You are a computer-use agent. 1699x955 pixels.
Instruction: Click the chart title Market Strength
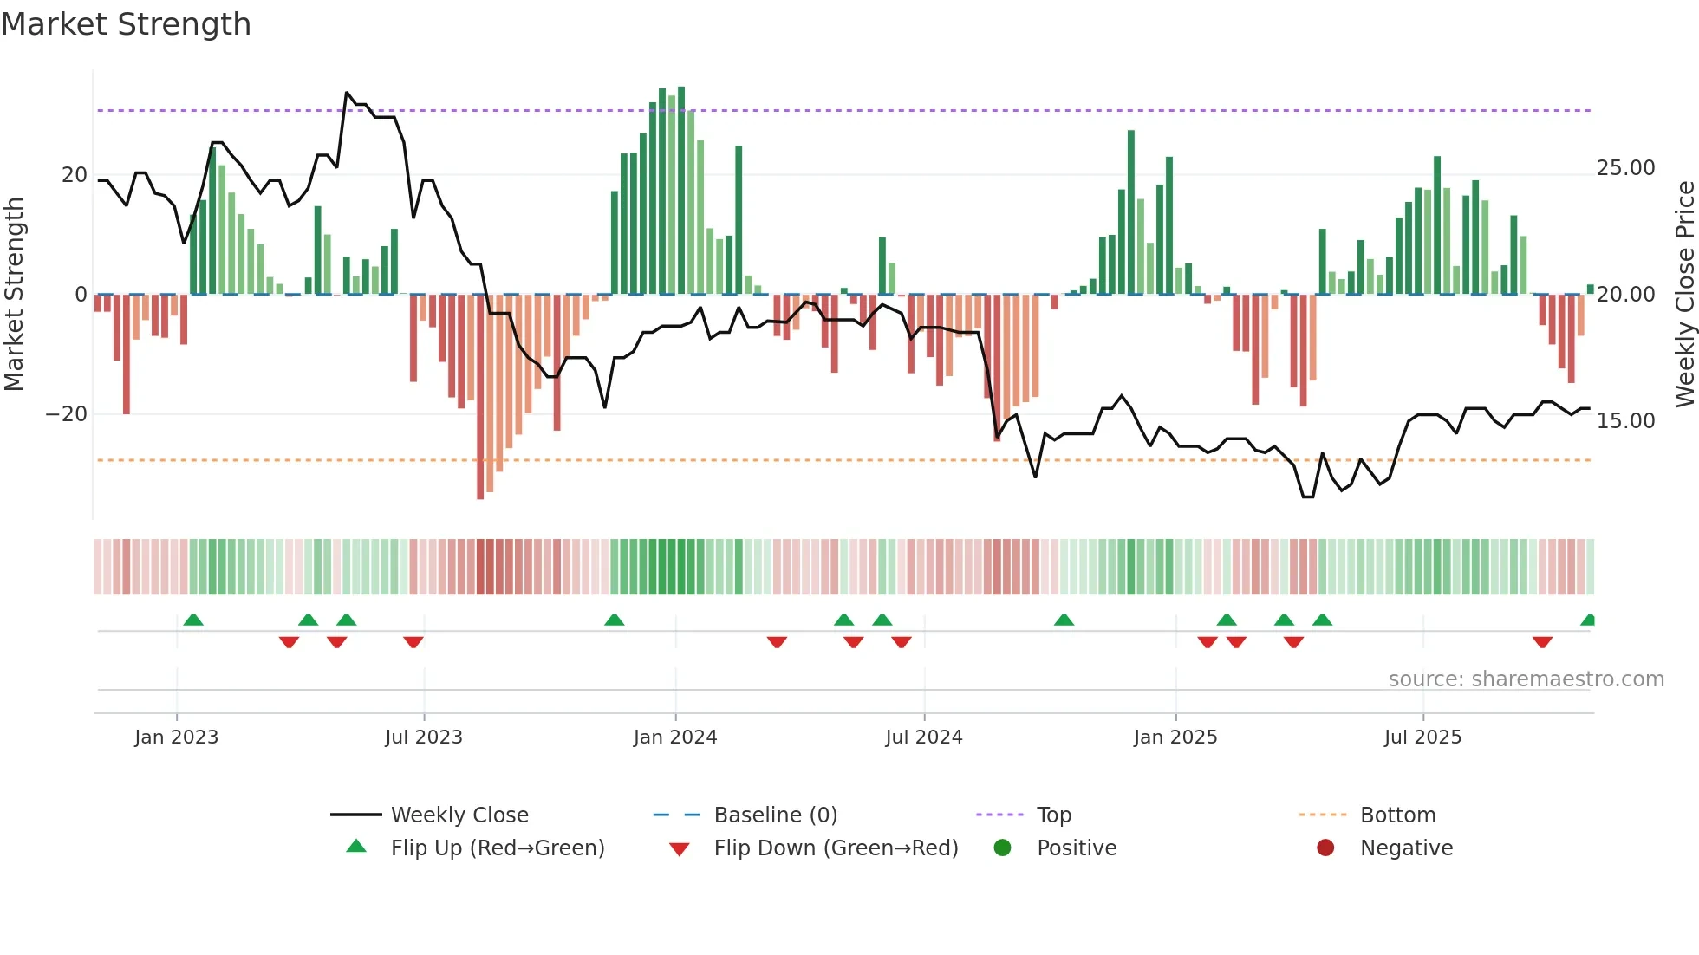(x=126, y=24)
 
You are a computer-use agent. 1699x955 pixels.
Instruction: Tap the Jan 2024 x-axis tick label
(x=675, y=737)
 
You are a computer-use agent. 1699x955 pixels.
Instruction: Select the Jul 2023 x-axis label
(x=424, y=737)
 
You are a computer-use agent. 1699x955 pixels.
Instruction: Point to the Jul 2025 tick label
(x=1422, y=737)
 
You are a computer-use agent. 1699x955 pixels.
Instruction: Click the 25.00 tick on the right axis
(x=1625, y=168)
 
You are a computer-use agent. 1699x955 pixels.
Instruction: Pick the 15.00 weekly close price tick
(x=1625, y=421)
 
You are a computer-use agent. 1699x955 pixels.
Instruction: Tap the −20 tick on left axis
(x=67, y=414)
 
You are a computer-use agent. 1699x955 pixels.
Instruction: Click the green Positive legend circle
(x=1003, y=848)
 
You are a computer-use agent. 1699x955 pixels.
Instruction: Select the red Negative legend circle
(x=1325, y=848)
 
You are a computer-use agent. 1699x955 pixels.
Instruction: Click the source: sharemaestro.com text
(x=1526, y=679)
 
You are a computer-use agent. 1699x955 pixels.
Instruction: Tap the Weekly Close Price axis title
(x=1684, y=294)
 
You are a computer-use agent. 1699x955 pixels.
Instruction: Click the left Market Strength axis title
(x=14, y=294)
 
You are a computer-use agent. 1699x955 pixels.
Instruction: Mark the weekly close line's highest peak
(x=347, y=93)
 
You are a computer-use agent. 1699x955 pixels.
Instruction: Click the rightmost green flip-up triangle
(x=1588, y=620)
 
